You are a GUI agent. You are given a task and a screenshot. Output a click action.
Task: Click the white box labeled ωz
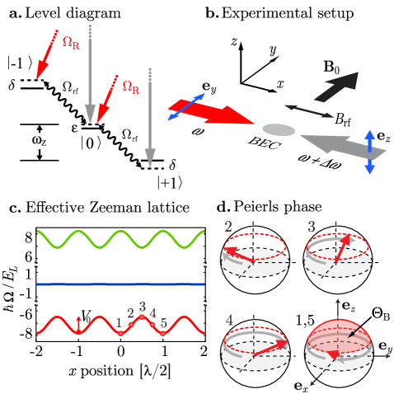click(40, 141)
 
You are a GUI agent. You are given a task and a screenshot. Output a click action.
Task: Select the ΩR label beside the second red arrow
click(131, 86)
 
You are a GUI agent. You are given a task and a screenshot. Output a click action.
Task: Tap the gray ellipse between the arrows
click(279, 129)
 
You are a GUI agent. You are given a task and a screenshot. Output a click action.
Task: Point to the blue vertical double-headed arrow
click(369, 152)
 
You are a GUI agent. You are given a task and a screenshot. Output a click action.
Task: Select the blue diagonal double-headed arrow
click(186, 107)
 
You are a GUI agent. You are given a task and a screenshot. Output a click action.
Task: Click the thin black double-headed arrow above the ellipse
click(309, 110)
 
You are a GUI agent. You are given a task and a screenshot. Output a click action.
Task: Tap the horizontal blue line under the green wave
click(120, 284)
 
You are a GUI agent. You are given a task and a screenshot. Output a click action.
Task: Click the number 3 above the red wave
click(143, 306)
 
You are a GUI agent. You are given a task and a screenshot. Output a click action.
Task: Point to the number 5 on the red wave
click(163, 322)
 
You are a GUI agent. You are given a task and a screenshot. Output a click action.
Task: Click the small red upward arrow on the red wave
click(79, 323)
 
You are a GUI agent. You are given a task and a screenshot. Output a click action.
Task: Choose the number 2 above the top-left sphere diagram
click(228, 226)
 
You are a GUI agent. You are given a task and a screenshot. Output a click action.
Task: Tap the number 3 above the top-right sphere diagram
click(311, 226)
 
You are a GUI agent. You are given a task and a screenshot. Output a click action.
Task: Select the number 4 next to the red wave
click(153, 313)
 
